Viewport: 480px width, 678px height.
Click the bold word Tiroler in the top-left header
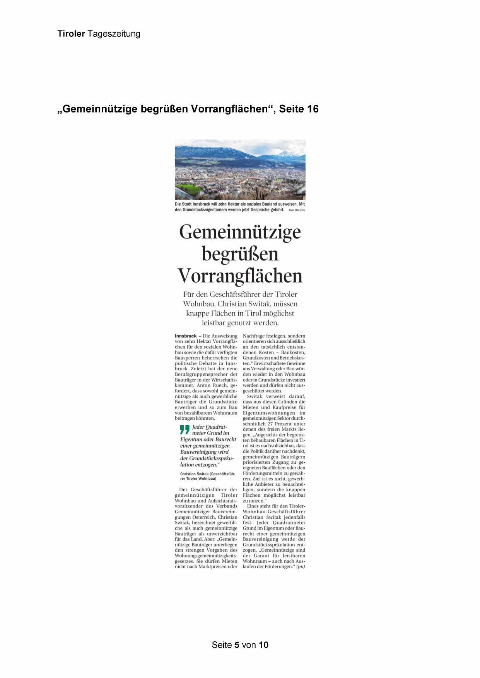pyautogui.click(x=71, y=34)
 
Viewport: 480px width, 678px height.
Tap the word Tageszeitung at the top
pyautogui.click(x=114, y=34)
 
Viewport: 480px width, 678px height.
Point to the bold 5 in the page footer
pyautogui.click(x=237, y=645)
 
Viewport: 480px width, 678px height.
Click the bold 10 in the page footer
pyautogui.click(x=263, y=645)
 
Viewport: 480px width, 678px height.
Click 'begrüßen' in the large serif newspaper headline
pyautogui.click(x=240, y=254)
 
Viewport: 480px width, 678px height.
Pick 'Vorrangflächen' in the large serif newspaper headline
pyautogui.click(x=240, y=276)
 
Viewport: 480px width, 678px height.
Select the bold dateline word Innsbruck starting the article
pyautogui.click(x=186, y=336)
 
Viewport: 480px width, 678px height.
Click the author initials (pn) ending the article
pyautogui.click(x=300, y=567)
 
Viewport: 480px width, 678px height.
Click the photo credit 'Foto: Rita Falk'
pyautogui.click(x=297, y=210)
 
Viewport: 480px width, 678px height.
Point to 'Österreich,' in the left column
pyautogui.click(x=203, y=517)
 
